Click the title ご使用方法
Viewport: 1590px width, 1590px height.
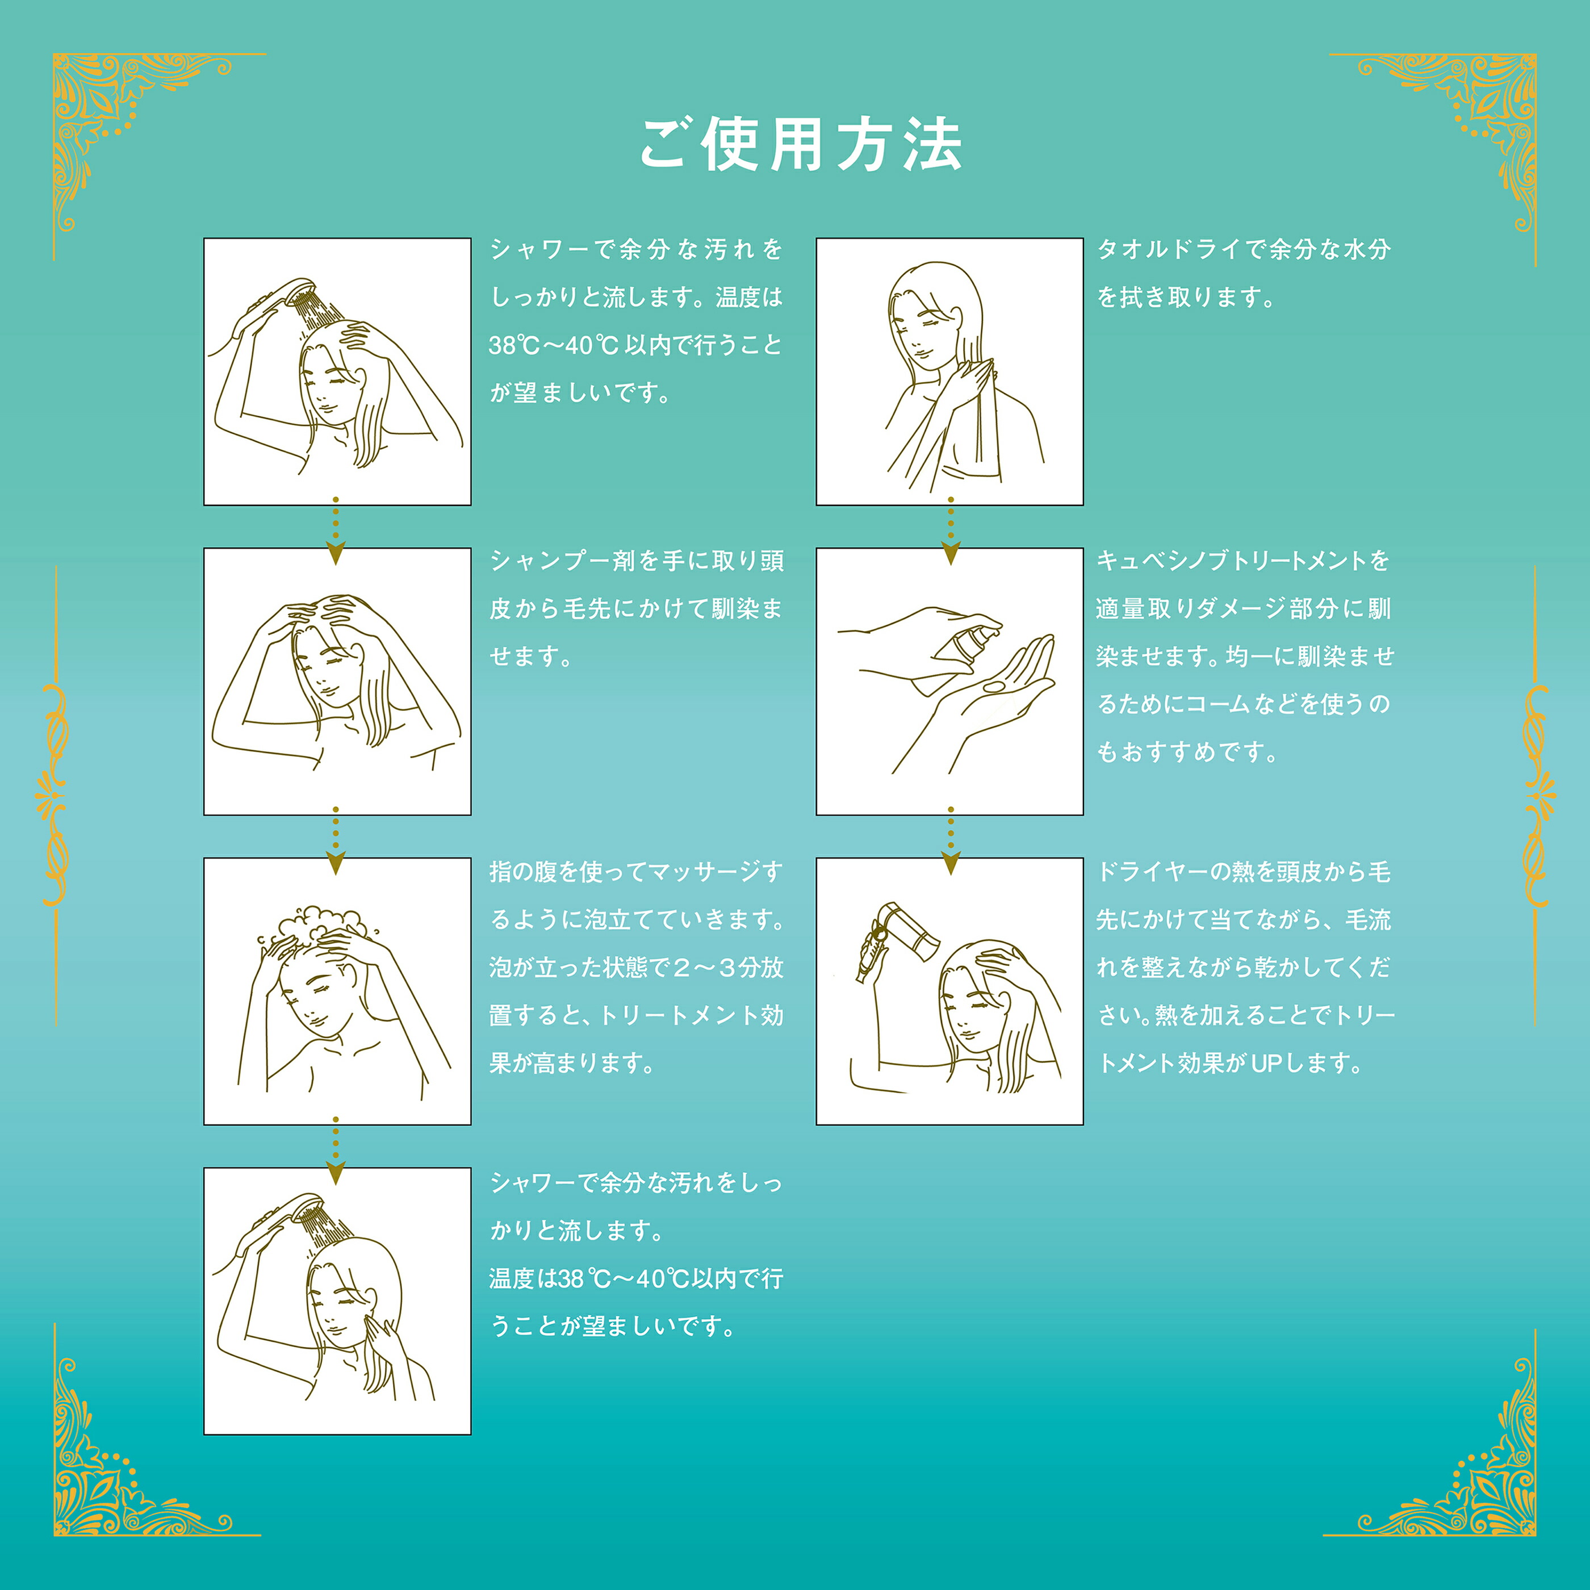click(x=801, y=145)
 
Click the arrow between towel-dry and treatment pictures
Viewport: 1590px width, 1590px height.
click(x=951, y=532)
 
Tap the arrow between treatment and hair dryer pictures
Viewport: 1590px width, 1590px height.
click(x=951, y=841)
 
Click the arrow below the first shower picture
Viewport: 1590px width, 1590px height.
click(x=335, y=532)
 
